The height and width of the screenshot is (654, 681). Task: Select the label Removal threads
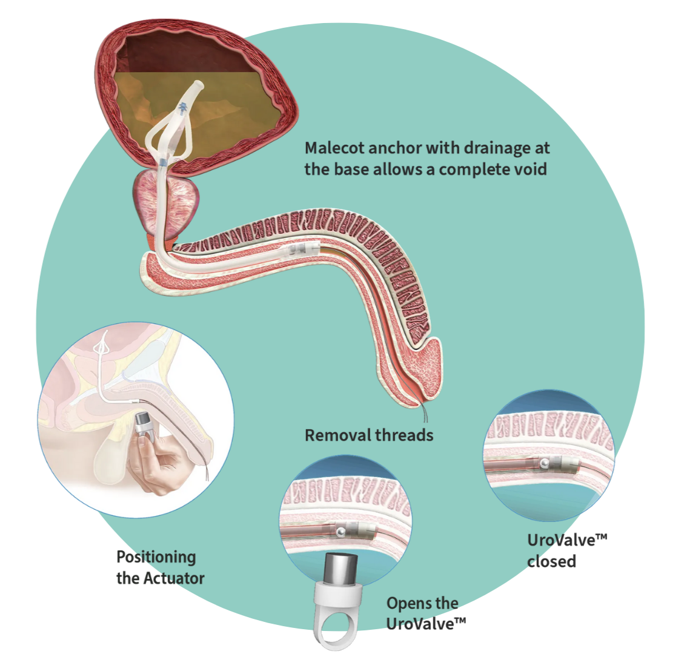pos(369,435)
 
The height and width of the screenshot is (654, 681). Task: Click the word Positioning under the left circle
pos(156,557)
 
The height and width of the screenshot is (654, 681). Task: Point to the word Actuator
pos(174,578)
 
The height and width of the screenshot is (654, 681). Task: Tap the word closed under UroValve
pos(551,561)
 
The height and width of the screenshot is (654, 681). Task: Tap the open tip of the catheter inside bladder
pos(196,88)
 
